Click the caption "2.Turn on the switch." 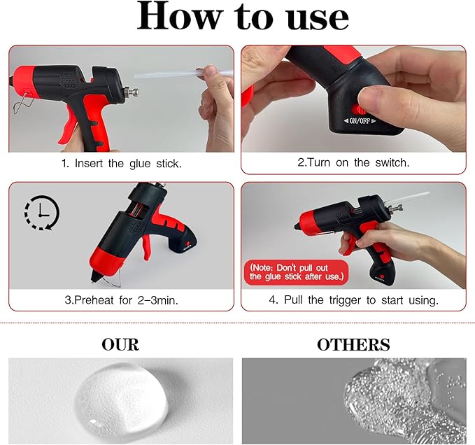[x=353, y=162]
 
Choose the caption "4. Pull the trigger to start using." [x=353, y=300]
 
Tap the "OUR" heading [x=120, y=344]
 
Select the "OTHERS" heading [x=353, y=344]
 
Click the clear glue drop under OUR [x=123, y=397]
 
